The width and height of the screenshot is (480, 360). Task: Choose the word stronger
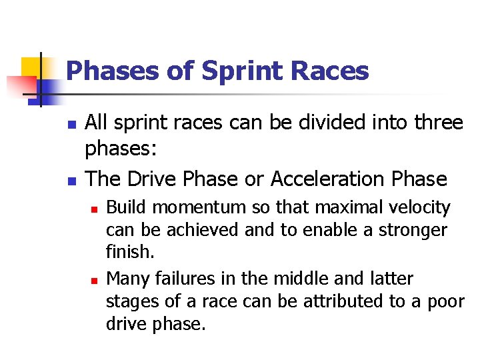413,230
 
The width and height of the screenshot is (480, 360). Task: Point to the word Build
123,208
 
